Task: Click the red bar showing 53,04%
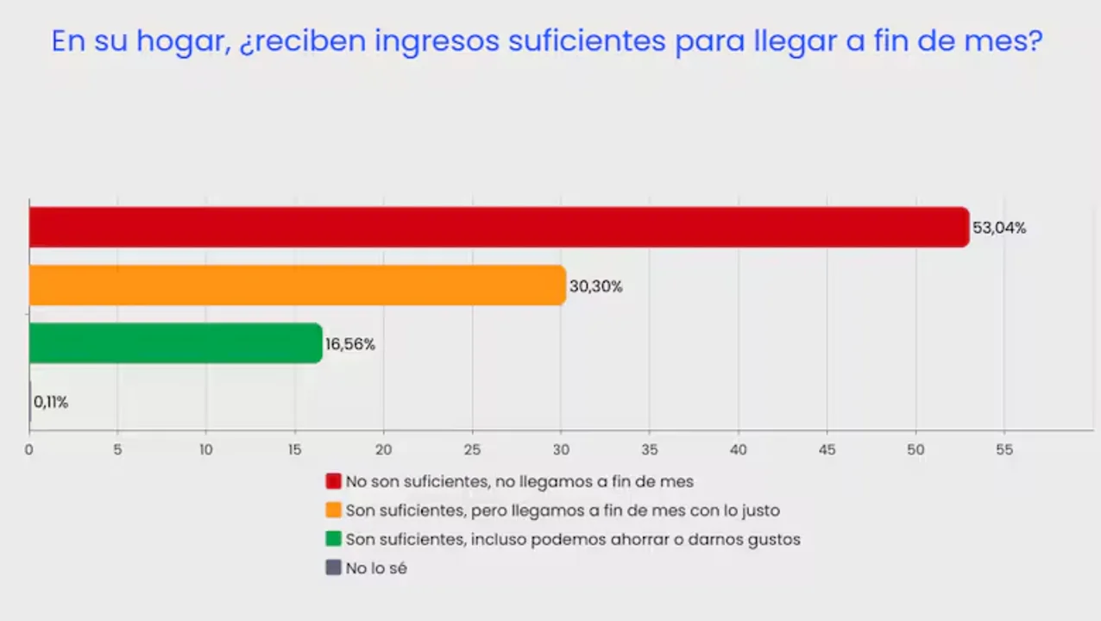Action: [499, 228]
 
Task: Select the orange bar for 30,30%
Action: [297, 285]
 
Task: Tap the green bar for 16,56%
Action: [175, 343]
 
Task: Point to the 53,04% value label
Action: [999, 229]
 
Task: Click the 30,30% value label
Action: [595, 286]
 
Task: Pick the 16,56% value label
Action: [350, 344]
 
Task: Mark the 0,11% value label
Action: [51, 402]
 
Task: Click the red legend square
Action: [333, 481]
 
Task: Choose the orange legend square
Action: [333, 511]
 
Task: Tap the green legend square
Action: [333, 539]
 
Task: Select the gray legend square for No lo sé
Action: [333, 568]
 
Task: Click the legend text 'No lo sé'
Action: [376, 568]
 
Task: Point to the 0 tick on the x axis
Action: [29, 449]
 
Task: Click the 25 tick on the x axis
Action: [472, 449]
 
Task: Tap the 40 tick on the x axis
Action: [738, 449]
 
